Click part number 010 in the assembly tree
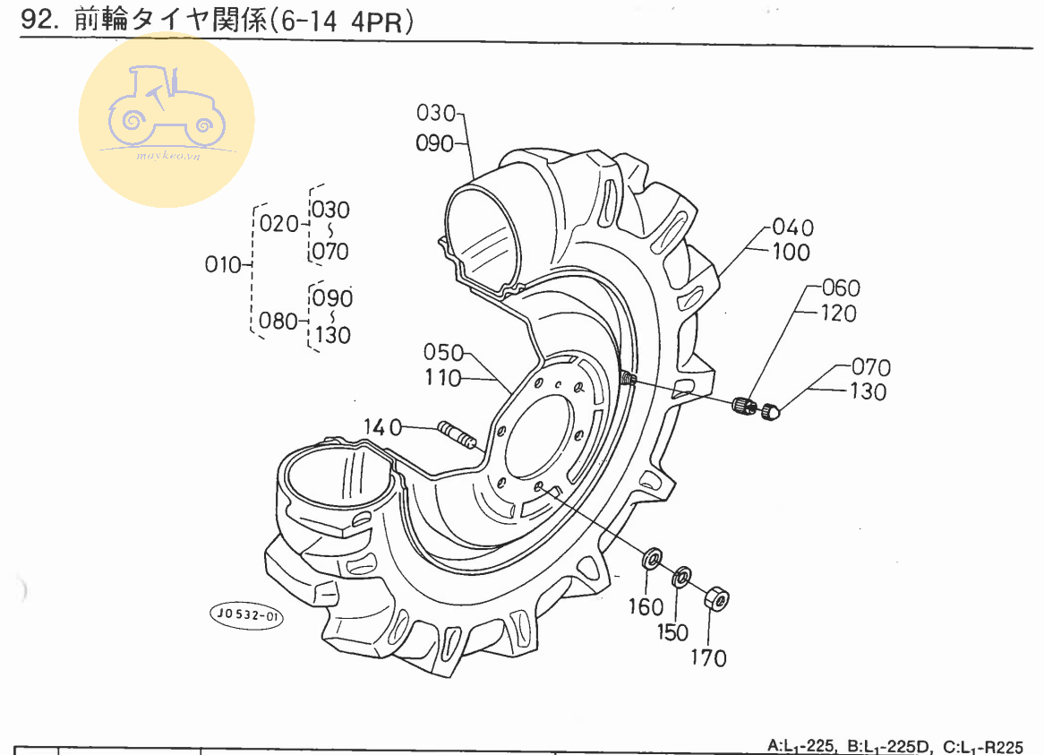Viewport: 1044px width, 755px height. pyautogui.click(x=224, y=265)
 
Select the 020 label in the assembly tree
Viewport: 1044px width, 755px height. pyautogui.click(x=278, y=224)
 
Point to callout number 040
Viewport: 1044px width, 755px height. pyautogui.click(x=792, y=227)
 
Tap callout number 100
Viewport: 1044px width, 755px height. pyautogui.click(x=791, y=252)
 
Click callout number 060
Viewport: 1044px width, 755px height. pyautogui.click(x=841, y=288)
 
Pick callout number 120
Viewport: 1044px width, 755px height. pyautogui.click(x=838, y=313)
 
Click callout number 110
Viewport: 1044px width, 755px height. pyautogui.click(x=444, y=378)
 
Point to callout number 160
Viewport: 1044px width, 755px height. pyautogui.click(x=646, y=608)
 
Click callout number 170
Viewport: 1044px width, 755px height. pyautogui.click(x=708, y=658)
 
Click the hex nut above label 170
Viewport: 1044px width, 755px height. pyautogui.click(x=717, y=598)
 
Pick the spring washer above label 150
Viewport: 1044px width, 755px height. pyautogui.click(x=681, y=574)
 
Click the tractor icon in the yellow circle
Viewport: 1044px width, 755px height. pyautogui.click(x=166, y=112)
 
